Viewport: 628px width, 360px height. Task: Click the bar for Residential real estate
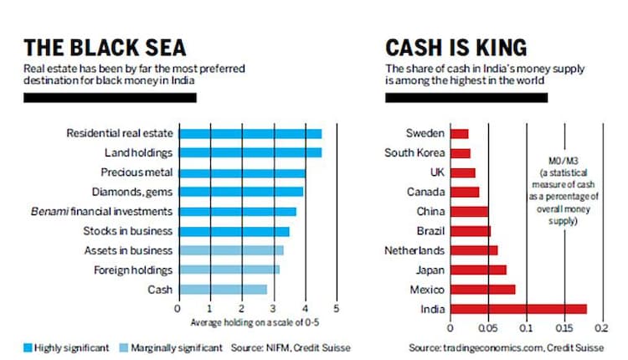pos(250,133)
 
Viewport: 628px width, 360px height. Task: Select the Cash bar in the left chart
pos(222,289)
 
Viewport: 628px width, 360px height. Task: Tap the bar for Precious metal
pos(241,172)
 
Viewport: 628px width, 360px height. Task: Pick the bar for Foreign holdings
pos(228,270)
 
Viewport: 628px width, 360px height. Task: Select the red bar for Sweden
pos(459,133)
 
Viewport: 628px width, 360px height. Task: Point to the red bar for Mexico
pos(482,289)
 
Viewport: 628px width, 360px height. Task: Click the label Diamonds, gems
pos(138,192)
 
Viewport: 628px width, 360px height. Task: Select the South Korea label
pos(409,152)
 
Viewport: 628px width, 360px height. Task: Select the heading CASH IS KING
pos(456,47)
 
